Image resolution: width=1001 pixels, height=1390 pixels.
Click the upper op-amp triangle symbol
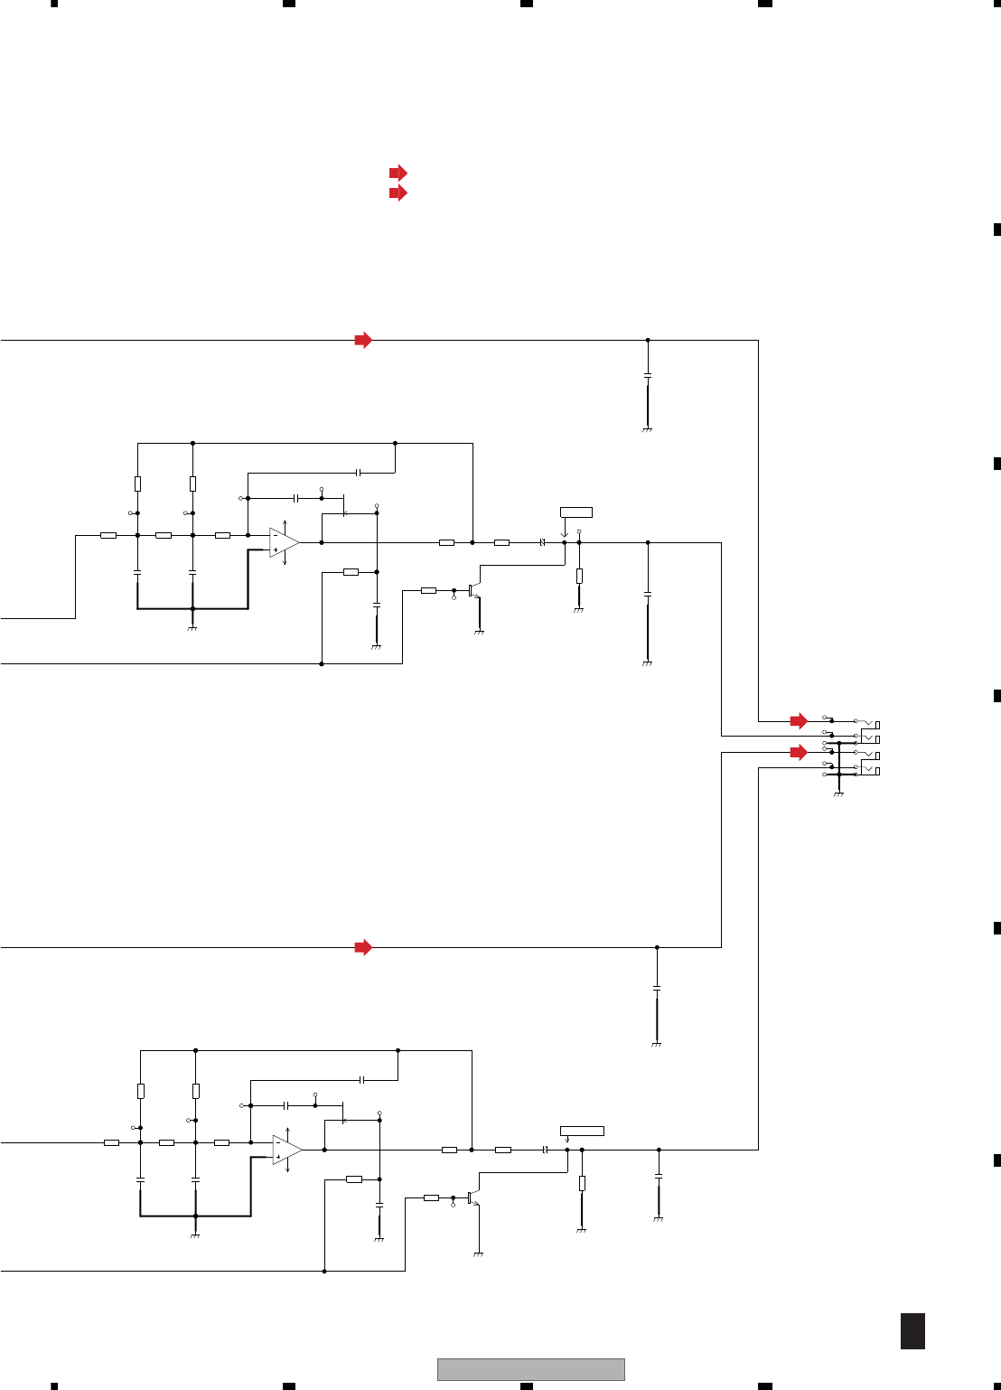[283, 542]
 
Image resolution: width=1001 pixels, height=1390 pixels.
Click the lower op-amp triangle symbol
[286, 1150]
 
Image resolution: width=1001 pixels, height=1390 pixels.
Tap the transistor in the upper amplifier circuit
[473, 590]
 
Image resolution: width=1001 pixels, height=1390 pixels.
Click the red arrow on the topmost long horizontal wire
[363, 341]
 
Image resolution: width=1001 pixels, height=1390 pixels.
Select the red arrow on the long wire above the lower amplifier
[363, 947]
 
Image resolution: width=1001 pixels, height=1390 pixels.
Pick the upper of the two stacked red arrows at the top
[398, 173]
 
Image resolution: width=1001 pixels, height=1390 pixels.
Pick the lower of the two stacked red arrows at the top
[398, 193]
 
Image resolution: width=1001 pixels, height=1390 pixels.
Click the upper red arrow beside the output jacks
[799, 721]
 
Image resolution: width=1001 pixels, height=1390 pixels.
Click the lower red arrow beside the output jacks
[799, 752]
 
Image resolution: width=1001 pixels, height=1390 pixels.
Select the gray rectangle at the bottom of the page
[531, 1369]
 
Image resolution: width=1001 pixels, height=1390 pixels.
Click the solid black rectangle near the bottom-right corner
[912, 1331]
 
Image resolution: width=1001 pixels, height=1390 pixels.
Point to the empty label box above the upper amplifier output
[576, 512]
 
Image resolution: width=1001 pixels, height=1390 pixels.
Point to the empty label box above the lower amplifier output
[582, 1131]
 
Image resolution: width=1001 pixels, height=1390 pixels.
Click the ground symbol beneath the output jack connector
[839, 794]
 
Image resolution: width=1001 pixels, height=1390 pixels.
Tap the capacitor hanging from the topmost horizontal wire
[648, 373]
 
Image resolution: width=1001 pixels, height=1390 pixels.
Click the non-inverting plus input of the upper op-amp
[275, 549]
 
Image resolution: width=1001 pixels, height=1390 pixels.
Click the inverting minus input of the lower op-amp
[278, 1142]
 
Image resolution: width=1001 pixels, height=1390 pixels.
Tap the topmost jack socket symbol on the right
[871, 724]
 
